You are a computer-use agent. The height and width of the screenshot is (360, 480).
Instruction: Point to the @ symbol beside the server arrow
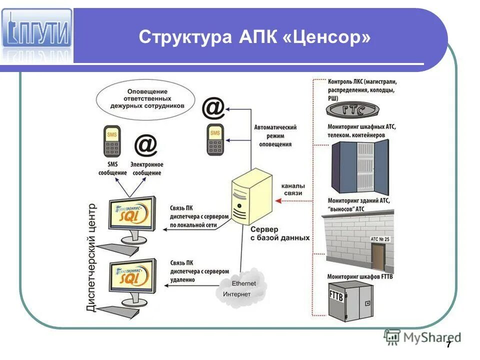tap(213, 107)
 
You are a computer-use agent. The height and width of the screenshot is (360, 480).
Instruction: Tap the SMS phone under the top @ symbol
tap(215, 139)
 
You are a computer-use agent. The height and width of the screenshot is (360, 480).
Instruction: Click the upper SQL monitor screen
tap(131, 215)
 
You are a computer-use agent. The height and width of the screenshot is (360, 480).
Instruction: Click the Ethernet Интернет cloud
tap(239, 288)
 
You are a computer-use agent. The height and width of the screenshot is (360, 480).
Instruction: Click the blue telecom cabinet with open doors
tap(360, 168)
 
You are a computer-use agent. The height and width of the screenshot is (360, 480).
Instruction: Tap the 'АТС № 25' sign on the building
tap(380, 239)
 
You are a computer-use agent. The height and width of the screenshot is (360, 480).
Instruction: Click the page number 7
tap(448, 344)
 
